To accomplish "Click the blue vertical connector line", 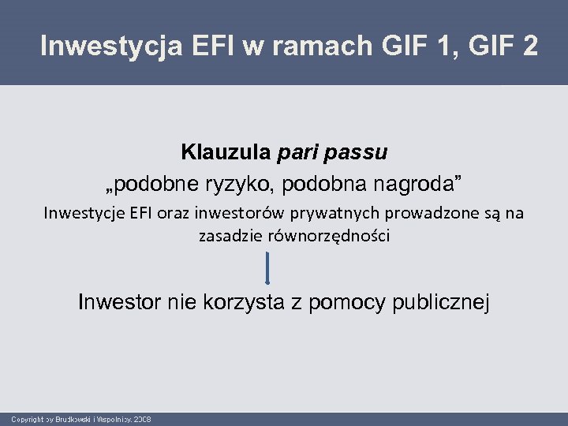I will [x=268, y=267].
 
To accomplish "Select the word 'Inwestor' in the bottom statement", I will [x=118, y=302].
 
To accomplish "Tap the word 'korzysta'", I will [x=241, y=302].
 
